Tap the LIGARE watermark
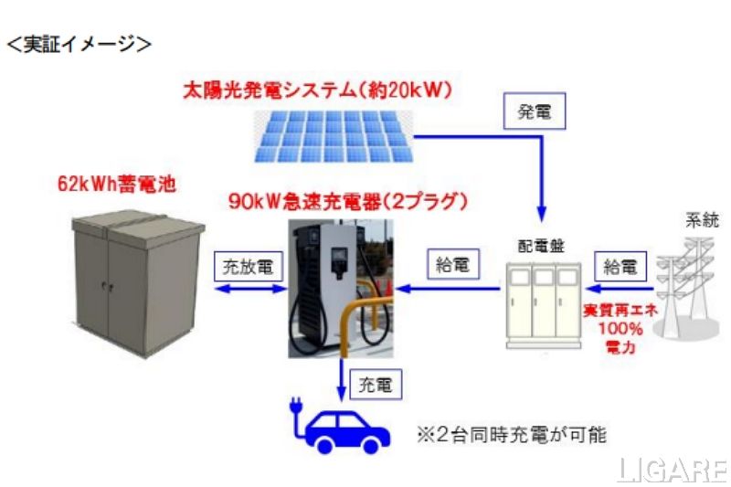tap(671, 469)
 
